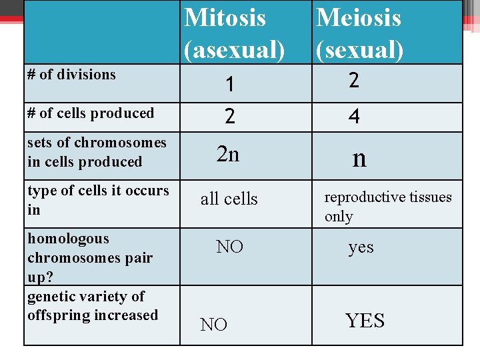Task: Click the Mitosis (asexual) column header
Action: point(234,32)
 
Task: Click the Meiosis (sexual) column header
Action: point(359,32)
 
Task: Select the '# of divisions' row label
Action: point(71,75)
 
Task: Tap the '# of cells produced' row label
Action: point(91,113)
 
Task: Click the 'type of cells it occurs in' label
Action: point(98,200)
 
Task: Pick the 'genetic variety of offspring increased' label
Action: point(93,305)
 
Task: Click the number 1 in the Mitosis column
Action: point(229,85)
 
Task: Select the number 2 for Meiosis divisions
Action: point(354,81)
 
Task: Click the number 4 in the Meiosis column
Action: point(354,117)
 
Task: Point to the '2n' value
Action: point(228,155)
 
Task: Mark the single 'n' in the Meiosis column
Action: point(359,158)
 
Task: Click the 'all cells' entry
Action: point(229,199)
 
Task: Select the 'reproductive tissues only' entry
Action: point(387,207)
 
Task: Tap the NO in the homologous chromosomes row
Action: point(229,247)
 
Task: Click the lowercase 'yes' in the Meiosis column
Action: point(361,247)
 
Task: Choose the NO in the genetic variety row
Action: point(213,325)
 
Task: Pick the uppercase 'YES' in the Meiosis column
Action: point(365,321)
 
